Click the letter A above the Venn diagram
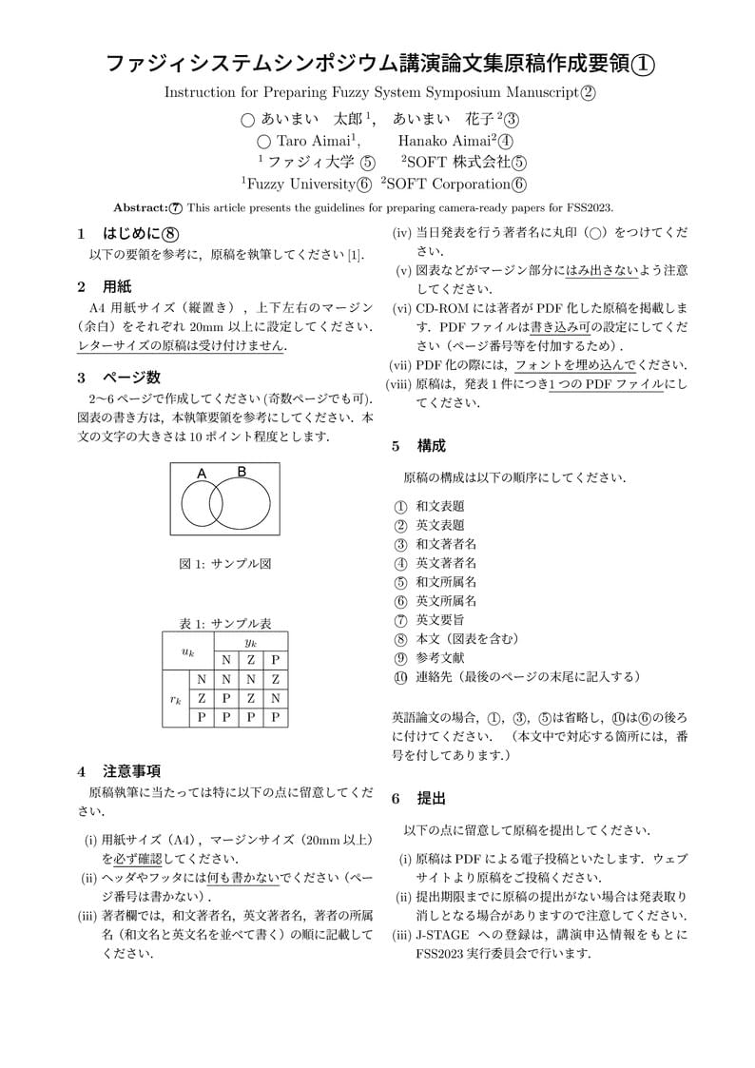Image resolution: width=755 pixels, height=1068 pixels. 202,474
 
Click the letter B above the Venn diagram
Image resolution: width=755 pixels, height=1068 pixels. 242,472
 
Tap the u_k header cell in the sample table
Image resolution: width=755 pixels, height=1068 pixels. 188,651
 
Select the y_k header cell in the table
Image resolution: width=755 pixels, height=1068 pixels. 251,642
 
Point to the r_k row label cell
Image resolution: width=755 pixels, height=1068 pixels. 176,698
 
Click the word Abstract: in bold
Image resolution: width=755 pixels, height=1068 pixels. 140,207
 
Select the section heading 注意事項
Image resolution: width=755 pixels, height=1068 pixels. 131,770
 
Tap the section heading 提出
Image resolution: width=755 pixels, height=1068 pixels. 431,799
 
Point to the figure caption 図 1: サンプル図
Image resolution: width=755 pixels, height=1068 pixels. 225,563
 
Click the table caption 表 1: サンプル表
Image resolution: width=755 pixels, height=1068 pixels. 225,624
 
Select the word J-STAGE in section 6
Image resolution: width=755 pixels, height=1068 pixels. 441,935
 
